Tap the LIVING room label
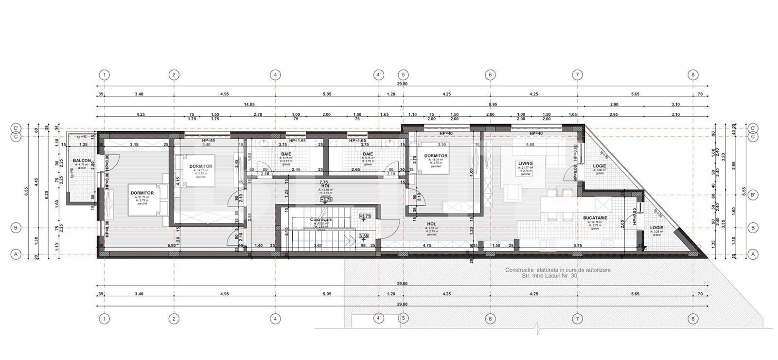pos(525,164)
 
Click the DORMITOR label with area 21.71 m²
pos(142,193)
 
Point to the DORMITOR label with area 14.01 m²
pos(435,156)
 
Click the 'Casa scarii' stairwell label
pos(321,219)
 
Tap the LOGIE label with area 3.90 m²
pos(600,166)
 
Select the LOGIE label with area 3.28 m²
pos(656,228)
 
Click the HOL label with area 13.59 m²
pos(326,185)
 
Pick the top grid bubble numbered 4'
pos(379,75)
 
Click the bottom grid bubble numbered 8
pos(693,319)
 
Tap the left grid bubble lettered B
pos(16,227)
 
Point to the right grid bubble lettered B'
pos(753,195)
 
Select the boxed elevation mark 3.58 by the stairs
pos(363,236)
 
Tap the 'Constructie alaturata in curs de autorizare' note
pos(558,270)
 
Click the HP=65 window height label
pos(208,140)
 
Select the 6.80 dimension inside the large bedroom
pos(172,246)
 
